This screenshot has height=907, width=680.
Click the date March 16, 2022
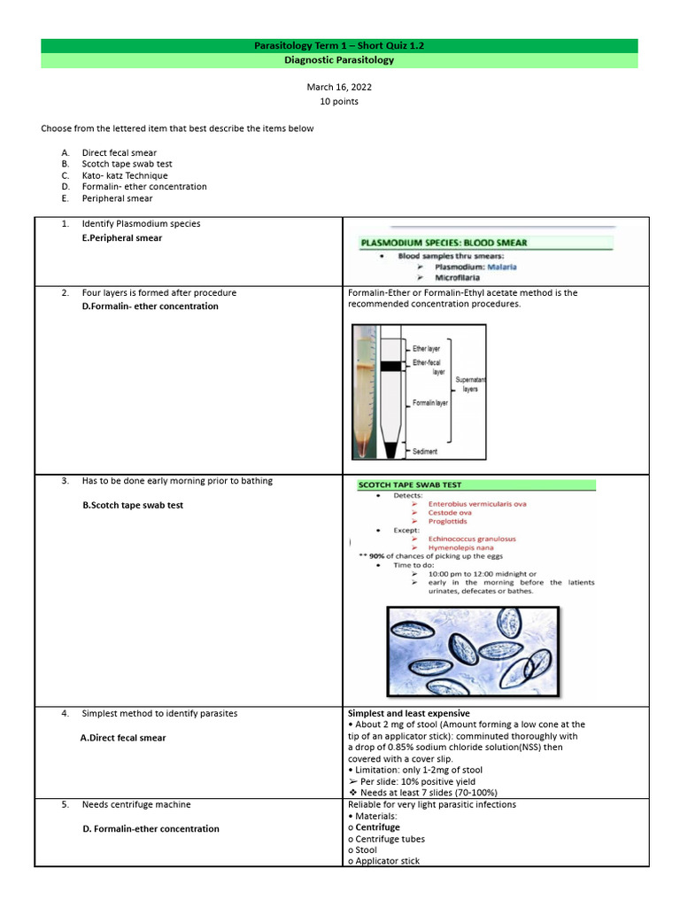339,87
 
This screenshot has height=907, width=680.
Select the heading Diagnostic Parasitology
339,60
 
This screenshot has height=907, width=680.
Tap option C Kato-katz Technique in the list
124,175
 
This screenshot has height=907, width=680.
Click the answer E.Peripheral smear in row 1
121,238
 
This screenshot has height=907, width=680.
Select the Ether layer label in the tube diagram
426,349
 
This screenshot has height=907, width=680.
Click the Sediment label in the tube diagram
425,451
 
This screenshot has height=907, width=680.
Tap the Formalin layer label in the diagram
430,403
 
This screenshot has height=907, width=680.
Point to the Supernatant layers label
470,384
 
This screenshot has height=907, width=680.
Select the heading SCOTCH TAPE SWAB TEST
409,485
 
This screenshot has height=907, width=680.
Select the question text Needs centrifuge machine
136,804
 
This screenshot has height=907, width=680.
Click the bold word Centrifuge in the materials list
378,827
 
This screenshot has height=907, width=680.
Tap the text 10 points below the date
339,101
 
